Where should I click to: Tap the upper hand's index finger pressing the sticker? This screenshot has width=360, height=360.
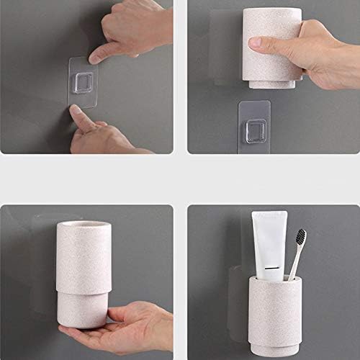coord(109,53)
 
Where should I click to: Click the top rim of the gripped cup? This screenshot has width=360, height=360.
coord(272,11)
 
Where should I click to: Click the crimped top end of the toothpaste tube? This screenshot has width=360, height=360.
coord(269,215)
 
